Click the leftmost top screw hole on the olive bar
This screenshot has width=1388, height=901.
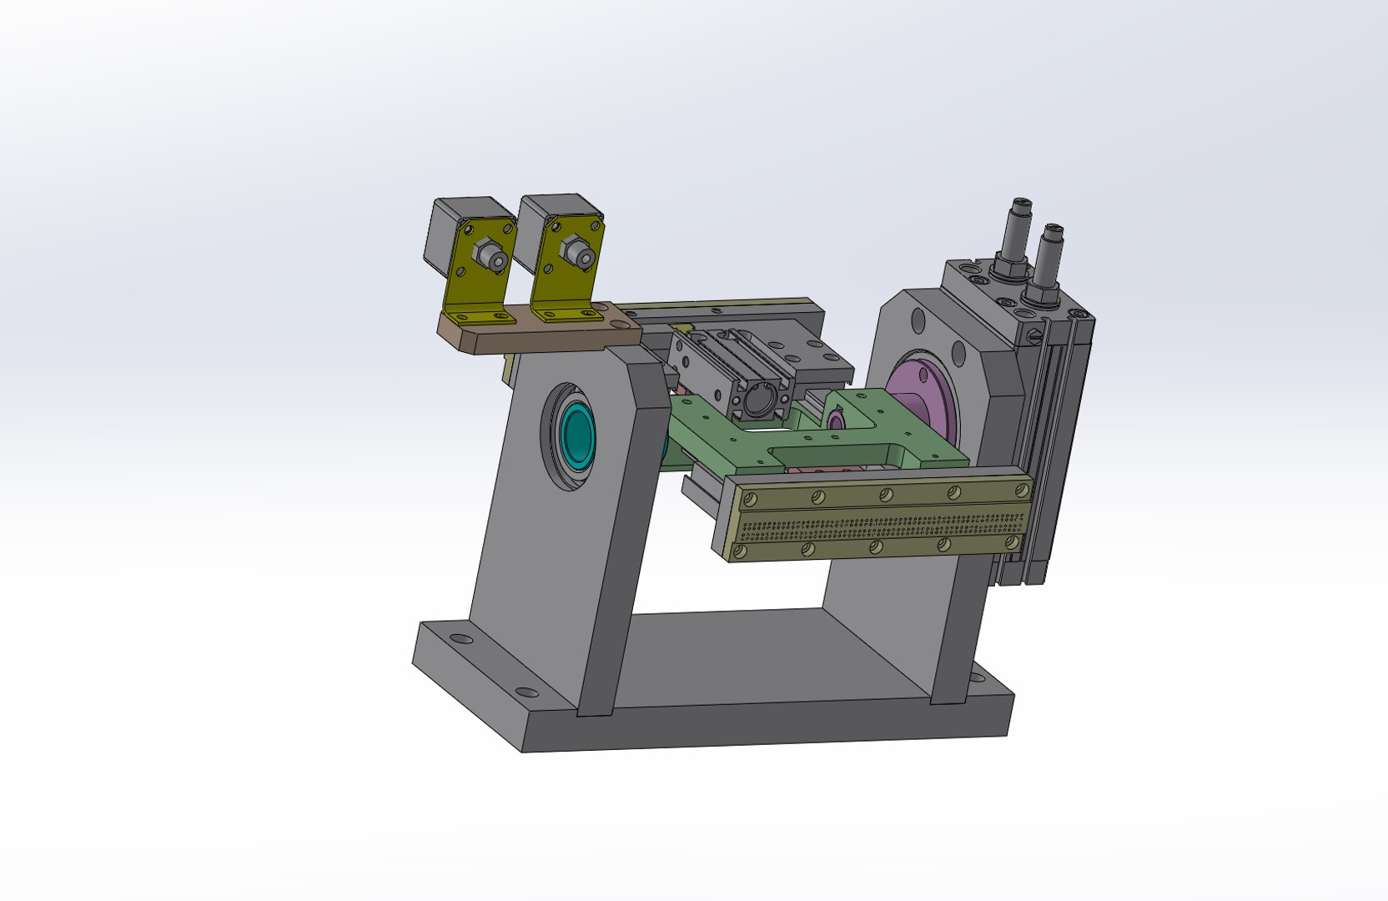click(750, 500)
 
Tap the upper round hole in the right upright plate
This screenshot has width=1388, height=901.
click(918, 320)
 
